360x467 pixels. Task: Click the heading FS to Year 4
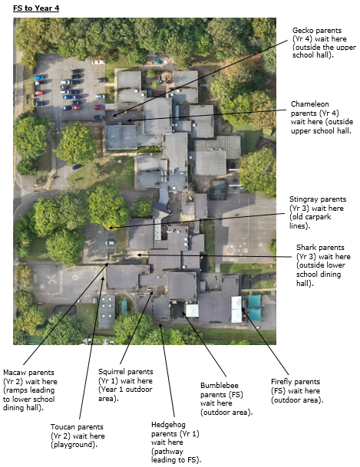(x=36, y=8)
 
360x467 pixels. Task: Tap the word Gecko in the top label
(x=302, y=31)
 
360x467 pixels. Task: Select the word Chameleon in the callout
(x=310, y=104)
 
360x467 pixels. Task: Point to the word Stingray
(x=303, y=199)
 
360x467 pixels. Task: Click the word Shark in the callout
(x=306, y=248)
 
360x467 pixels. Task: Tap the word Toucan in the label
(x=61, y=427)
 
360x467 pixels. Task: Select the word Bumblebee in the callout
(x=220, y=386)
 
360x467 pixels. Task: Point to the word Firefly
(x=280, y=382)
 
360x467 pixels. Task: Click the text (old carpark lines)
(x=310, y=222)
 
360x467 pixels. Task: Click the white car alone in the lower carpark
(x=110, y=243)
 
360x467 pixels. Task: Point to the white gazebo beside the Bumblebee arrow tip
(x=192, y=310)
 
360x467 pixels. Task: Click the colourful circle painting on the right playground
(x=230, y=249)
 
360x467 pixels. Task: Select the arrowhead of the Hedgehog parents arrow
(x=160, y=325)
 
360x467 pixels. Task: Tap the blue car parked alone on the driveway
(x=78, y=166)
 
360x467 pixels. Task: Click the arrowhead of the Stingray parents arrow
(x=110, y=229)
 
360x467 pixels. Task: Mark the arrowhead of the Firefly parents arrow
(x=243, y=310)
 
